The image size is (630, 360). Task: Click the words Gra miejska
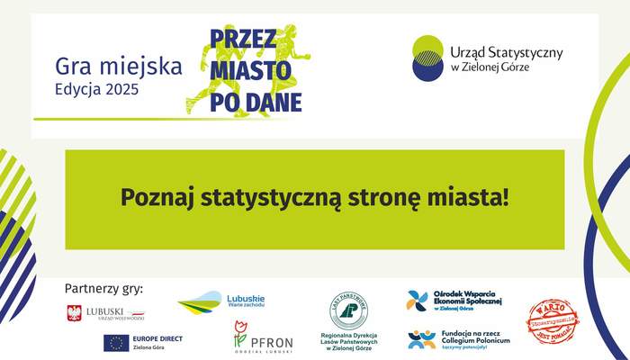point(119,67)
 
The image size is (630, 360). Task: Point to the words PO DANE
point(256,101)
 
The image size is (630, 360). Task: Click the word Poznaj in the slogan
point(157,195)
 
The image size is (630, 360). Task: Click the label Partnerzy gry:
point(103,289)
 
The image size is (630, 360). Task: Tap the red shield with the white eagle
point(75,313)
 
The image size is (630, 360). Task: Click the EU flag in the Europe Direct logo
point(115,343)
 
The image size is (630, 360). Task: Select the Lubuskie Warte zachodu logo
point(221,302)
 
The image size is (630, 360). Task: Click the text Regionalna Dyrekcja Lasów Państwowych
point(352,343)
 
